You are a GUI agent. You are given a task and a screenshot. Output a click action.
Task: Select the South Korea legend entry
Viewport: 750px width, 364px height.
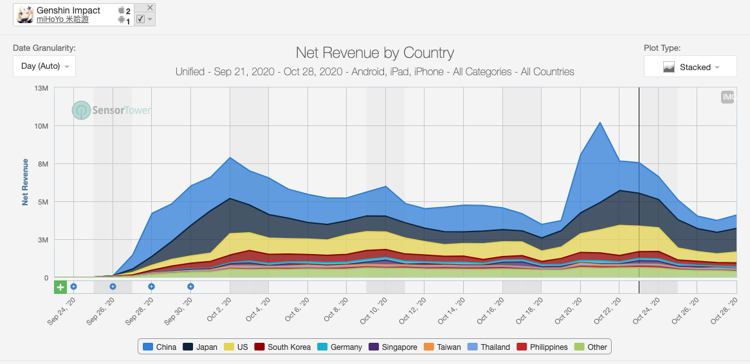[x=282, y=347]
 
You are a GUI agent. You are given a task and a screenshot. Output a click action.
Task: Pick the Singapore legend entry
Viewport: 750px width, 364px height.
[x=393, y=347]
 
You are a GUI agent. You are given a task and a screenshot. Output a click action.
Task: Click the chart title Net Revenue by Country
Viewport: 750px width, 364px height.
[x=375, y=53]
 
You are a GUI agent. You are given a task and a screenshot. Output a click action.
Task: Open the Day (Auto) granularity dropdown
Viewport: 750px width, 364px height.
[x=44, y=66]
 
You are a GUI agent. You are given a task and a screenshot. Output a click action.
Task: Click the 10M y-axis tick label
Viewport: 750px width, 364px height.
[x=41, y=126]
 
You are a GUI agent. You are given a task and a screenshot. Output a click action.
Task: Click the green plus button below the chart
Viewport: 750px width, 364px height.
[x=60, y=287]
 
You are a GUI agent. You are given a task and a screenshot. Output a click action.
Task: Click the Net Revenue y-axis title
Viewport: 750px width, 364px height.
[x=25, y=182]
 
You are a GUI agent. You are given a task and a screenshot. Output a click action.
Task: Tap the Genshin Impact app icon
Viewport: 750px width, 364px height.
[x=25, y=15]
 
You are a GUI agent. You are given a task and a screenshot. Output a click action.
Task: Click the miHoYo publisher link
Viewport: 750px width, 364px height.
[x=62, y=20]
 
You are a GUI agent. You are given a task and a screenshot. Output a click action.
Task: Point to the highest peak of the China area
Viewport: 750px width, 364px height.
[x=600, y=122]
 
